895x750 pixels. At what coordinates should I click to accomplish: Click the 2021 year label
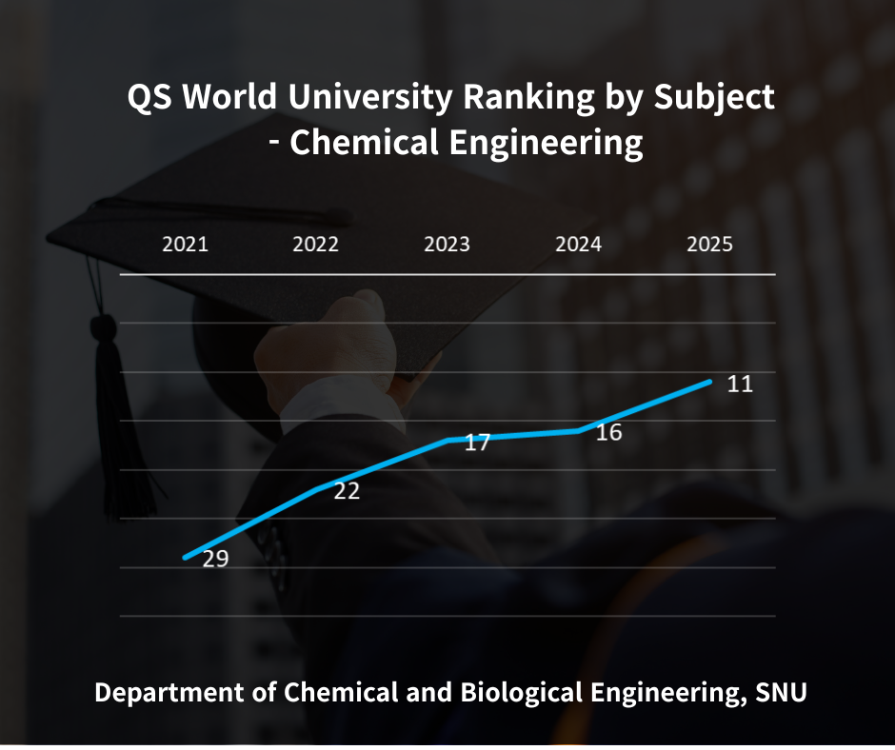185,245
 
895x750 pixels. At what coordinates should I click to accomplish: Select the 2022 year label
315,245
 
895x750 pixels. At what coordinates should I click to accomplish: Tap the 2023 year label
447,245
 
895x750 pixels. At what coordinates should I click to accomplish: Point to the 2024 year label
578,245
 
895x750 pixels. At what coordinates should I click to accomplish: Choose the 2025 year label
709,245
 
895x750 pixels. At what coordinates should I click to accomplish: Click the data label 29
215,559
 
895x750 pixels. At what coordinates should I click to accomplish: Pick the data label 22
347,491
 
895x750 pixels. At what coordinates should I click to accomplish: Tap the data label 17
477,443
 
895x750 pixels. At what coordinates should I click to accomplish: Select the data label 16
608,433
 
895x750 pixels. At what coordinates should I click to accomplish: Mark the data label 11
740,385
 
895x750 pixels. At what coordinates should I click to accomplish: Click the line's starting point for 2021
186,557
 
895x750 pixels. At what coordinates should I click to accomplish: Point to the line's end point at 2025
709,382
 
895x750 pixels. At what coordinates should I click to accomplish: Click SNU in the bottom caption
781,692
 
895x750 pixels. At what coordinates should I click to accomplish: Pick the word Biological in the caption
510,692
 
